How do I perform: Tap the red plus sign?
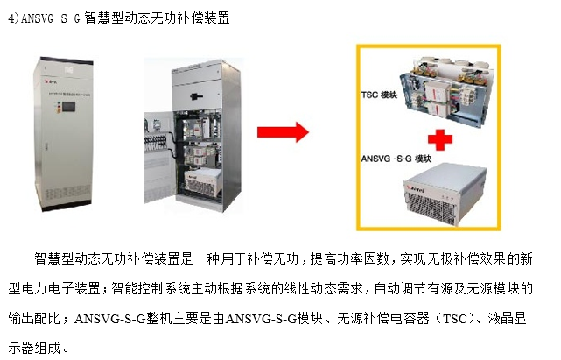pyautogui.click(x=434, y=138)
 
